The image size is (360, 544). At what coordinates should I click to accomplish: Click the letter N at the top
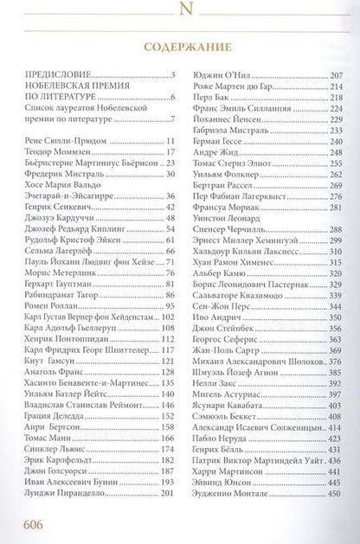coord(180,11)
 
